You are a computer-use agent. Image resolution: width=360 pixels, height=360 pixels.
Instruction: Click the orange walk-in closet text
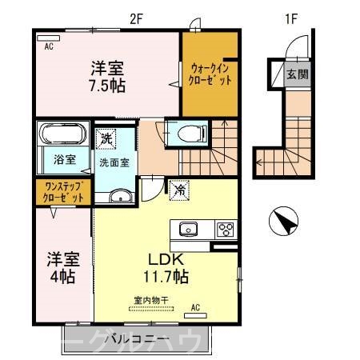210,74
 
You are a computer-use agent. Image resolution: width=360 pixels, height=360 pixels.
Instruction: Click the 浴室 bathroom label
66,159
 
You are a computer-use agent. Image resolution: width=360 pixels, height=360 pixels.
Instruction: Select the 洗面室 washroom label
114,162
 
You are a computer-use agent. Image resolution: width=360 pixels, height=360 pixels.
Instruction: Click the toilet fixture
183,134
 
